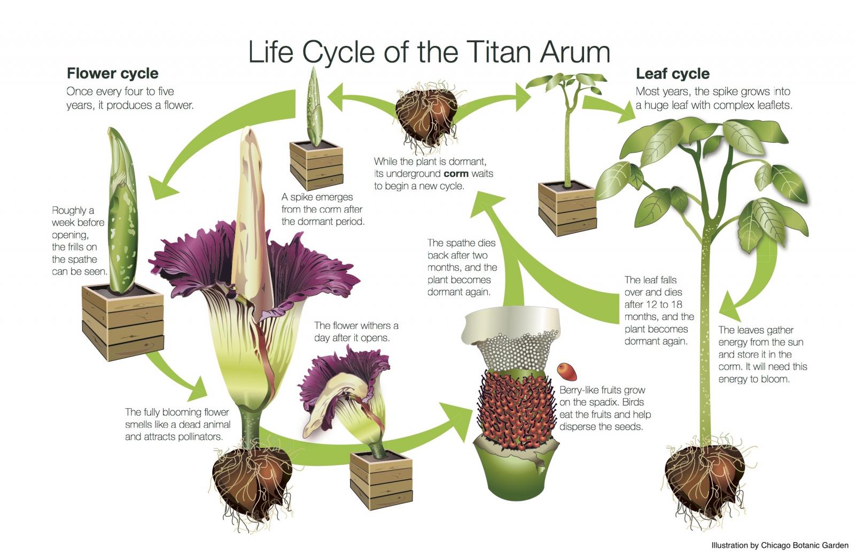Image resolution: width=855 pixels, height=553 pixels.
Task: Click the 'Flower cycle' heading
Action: tap(112, 73)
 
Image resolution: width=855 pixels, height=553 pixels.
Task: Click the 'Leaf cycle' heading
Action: tap(672, 73)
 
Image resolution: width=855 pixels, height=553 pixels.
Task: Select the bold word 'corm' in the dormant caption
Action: tap(456, 174)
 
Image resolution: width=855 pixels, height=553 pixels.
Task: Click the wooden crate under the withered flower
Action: tap(381, 479)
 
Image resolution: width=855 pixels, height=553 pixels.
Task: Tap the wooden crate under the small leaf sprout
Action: tap(567, 208)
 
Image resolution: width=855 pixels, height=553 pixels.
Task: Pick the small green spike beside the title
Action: tap(315, 107)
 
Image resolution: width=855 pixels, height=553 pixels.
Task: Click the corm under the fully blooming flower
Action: tap(251, 476)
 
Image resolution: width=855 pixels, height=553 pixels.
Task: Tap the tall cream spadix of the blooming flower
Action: tap(251, 214)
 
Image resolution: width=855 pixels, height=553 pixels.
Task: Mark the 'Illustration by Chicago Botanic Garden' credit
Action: tap(780, 546)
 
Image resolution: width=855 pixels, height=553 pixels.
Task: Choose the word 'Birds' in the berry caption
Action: tap(633, 402)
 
